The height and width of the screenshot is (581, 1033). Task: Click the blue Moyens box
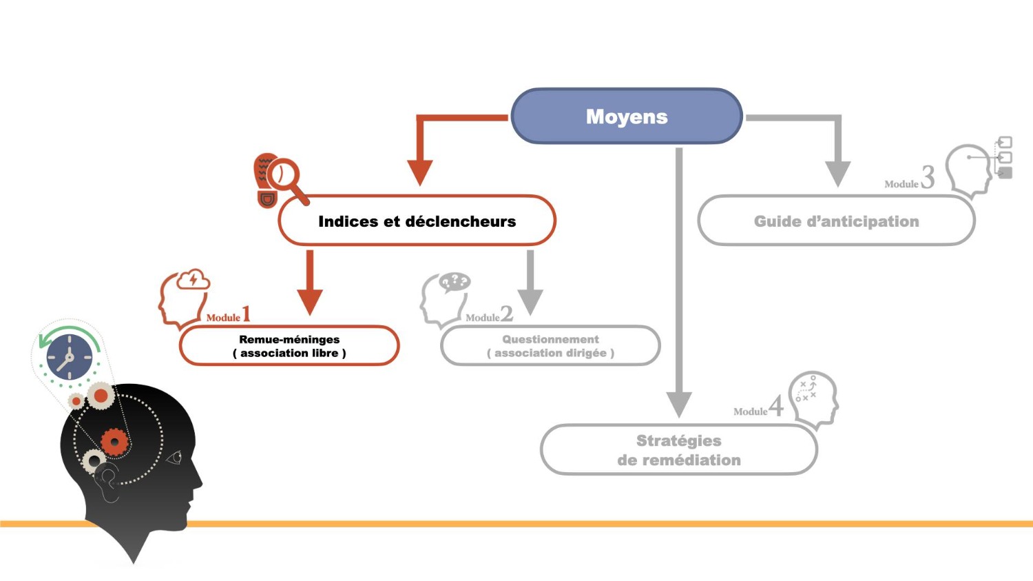(x=627, y=116)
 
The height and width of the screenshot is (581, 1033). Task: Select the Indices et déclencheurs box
(x=417, y=221)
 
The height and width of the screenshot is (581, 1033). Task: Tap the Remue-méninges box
(x=289, y=346)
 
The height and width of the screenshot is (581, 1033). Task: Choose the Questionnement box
(x=550, y=346)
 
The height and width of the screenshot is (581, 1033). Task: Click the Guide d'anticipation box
(x=836, y=221)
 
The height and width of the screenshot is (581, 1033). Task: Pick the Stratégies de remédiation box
(x=679, y=450)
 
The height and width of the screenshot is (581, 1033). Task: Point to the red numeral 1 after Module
(x=246, y=314)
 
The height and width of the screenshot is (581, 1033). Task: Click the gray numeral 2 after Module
(x=507, y=314)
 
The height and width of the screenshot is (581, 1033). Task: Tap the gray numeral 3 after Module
(x=928, y=177)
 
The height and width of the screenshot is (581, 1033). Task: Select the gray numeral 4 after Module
(x=776, y=406)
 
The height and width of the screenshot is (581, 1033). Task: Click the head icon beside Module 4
(x=814, y=398)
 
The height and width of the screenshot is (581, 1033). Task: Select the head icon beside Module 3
(x=971, y=169)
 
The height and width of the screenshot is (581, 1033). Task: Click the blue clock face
(x=69, y=358)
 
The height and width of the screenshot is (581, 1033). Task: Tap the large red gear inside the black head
(x=114, y=441)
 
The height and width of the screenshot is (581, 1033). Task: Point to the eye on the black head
(x=175, y=457)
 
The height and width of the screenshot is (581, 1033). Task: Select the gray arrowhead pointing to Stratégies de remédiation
(x=679, y=404)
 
